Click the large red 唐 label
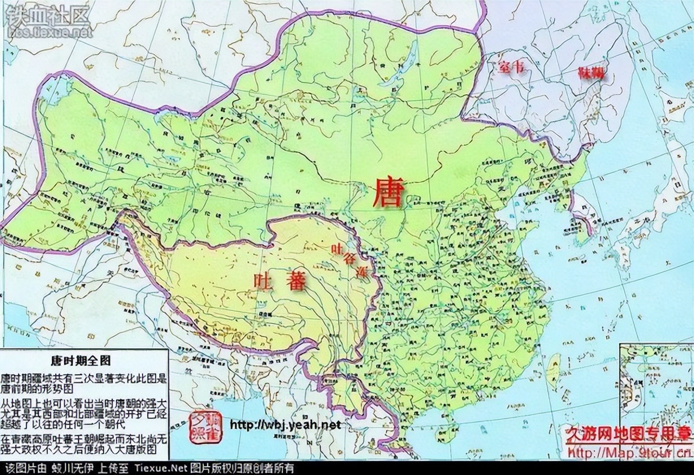point(388,195)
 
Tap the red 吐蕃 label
point(280,280)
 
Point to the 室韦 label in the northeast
point(512,68)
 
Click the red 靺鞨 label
point(591,73)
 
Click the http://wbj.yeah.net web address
point(286,425)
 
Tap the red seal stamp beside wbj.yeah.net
point(206,426)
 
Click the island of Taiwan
point(554,367)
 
